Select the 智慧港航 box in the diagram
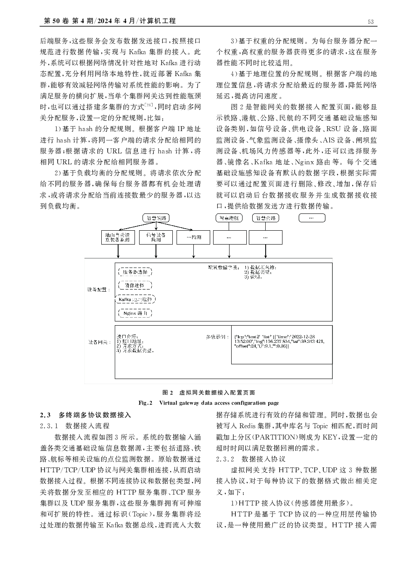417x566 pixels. pyautogui.click(x=229, y=218)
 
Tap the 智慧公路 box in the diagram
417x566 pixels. pyautogui.click(x=266, y=218)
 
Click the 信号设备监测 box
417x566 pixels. pyautogui.click(x=156, y=237)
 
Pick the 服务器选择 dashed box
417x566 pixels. pyautogui.click(x=135, y=272)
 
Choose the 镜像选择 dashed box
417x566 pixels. pyautogui.click(x=135, y=285)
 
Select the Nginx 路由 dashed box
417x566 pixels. pyautogui.click(x=135, y=313)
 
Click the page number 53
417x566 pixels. pyautogui.click(x=370, y=21)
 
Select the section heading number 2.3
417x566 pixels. pyautogui.click(x=45, y=415)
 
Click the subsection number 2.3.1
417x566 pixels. pyautogui.click(x=49, y=426)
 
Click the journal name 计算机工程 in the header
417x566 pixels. pyautogui.click(x=160, y=21)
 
